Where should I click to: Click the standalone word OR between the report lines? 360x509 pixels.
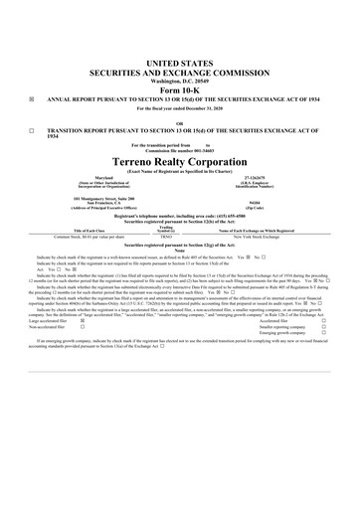coord(180,122)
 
